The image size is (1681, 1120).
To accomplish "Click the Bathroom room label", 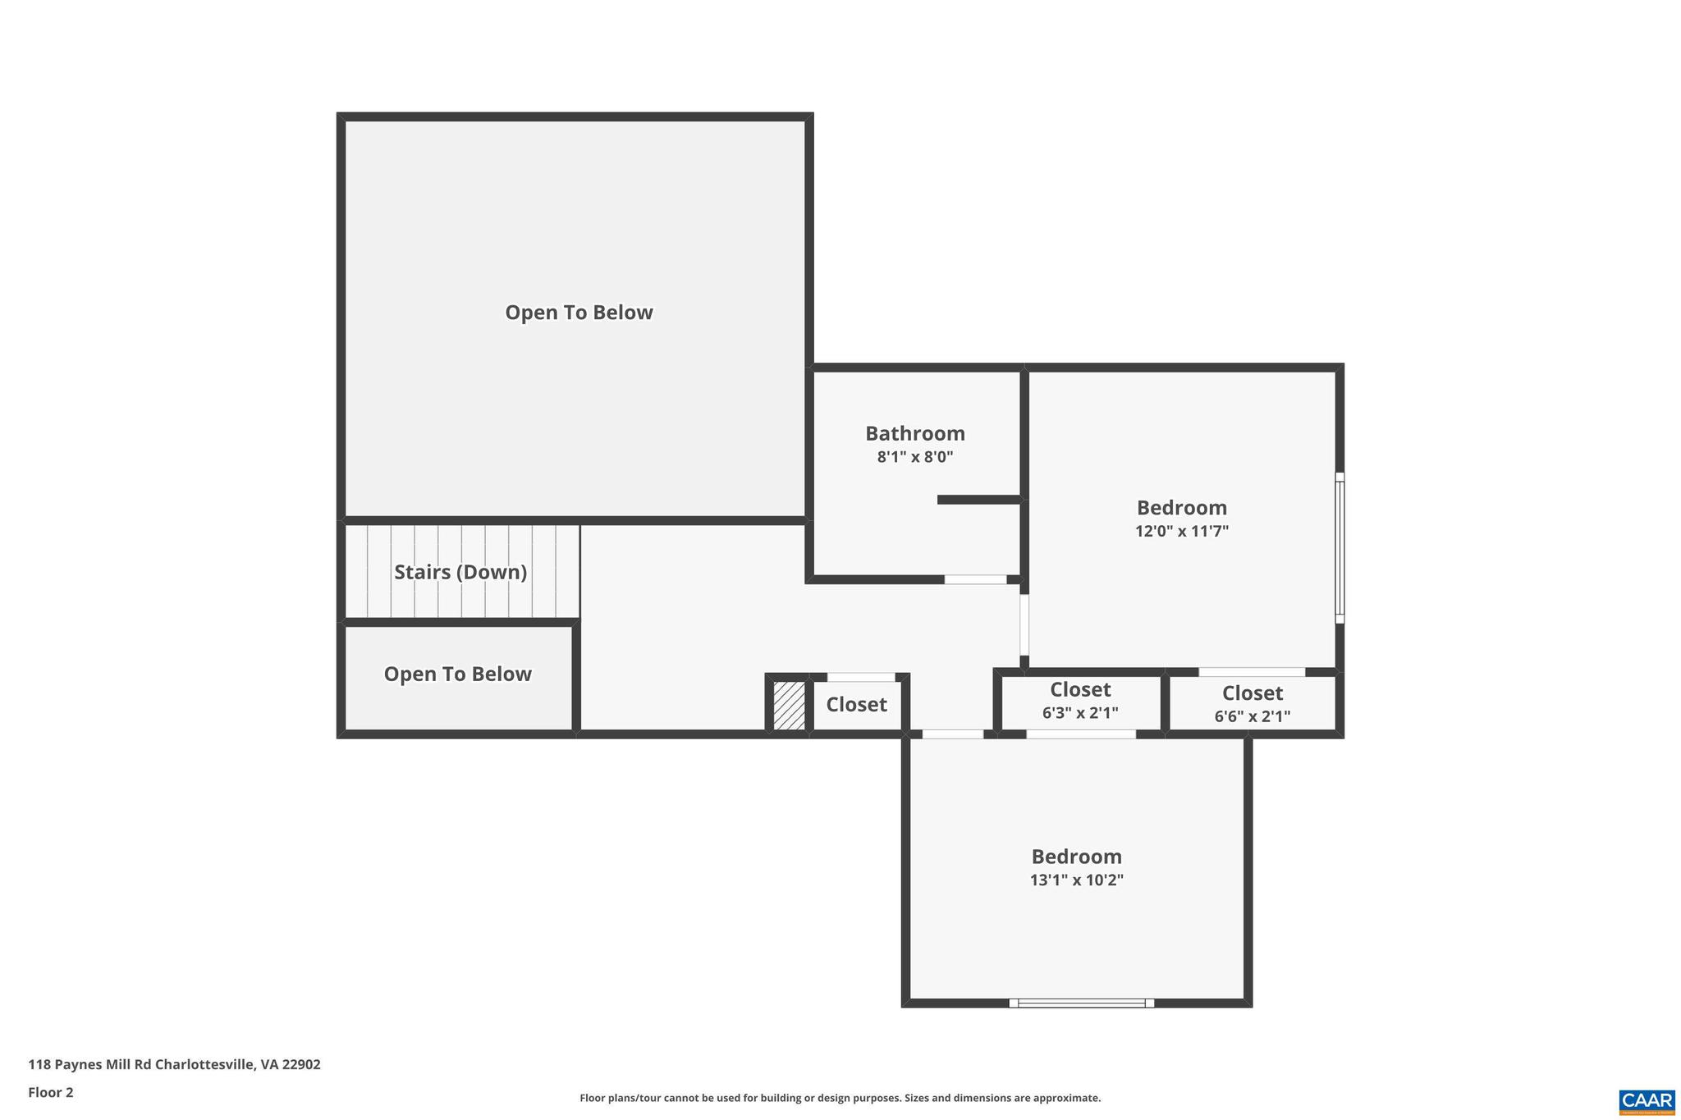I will coord(914,433).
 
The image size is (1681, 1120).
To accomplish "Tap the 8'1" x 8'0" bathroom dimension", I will coord(914,457).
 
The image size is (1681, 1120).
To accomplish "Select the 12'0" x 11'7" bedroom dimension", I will coord(1181,531).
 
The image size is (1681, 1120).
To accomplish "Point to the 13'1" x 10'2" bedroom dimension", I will coord(1076,880).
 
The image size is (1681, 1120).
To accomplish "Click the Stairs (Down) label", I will coord(460,572).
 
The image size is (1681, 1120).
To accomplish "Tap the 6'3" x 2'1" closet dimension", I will coord(1080,713).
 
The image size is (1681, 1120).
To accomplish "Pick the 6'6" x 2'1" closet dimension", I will coord(1252,716).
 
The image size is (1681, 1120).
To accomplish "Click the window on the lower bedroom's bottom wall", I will coord(1081,1003).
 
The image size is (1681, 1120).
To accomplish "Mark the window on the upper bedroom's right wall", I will coord(1339,547).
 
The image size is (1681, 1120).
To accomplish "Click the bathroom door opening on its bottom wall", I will coord(975,579).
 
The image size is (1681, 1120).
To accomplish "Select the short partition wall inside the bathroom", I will coord(978,500).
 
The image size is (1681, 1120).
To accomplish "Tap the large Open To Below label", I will coord(579,313).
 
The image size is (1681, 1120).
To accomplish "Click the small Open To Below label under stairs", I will coord(457,674).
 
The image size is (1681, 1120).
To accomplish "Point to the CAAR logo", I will coord(1647,1101).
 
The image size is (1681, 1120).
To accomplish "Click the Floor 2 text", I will coord(51,1092).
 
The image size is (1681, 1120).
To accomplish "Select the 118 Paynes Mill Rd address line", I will coord(174,1064).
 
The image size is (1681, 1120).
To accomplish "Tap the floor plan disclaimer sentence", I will coord(840,1098).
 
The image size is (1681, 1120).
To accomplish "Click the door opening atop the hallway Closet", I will coord(860,677).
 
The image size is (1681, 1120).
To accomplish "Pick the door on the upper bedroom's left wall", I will coord(1024,624).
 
